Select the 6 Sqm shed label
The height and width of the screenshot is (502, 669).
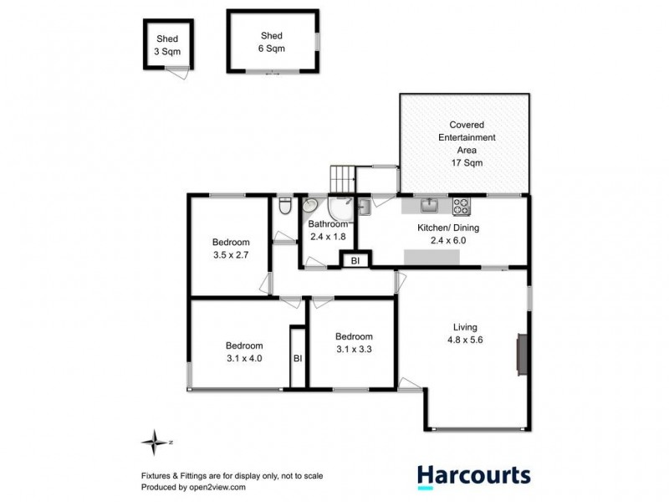point(272,42)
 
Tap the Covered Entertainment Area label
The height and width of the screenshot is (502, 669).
point(464,143)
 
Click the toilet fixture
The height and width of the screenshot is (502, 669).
point(284,206)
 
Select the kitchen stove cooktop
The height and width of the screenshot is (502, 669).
point(462,205)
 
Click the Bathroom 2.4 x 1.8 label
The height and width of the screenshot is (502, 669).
point(327,230)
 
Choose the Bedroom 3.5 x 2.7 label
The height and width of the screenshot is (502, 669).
point(231,249)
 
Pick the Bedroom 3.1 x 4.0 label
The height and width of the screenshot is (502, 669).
point(244,351)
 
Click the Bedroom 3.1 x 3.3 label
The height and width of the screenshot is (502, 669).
point(355,344)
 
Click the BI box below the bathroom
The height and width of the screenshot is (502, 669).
point(355,261)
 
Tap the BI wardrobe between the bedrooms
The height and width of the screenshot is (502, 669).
point(297,358)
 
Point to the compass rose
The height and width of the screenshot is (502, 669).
point(153,441)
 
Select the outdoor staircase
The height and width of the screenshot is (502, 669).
point(344,178)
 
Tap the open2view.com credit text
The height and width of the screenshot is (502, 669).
point(193,486)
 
